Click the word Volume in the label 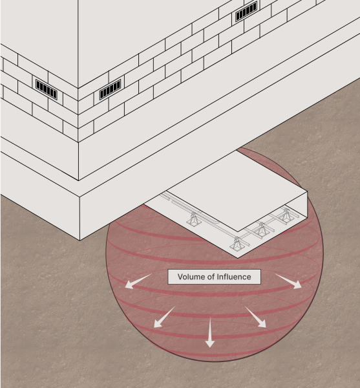click(189, 277)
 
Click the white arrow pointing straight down click(210, 332)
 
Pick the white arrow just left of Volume click(138, 281)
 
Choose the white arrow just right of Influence click(288, 281)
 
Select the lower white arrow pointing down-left click(164, 317)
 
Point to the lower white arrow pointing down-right click(255, 317)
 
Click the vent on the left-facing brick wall click(47, 89)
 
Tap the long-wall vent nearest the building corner click(110, 89)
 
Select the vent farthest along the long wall click(246, 12)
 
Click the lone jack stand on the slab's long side click(194, 219)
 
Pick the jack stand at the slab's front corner click(237, 244)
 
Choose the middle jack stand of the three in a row click(262, 229)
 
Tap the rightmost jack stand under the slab click(286, 215)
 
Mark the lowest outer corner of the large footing click(79, 240)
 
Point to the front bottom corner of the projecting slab click(238, 258)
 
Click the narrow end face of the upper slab click(273, 211)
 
